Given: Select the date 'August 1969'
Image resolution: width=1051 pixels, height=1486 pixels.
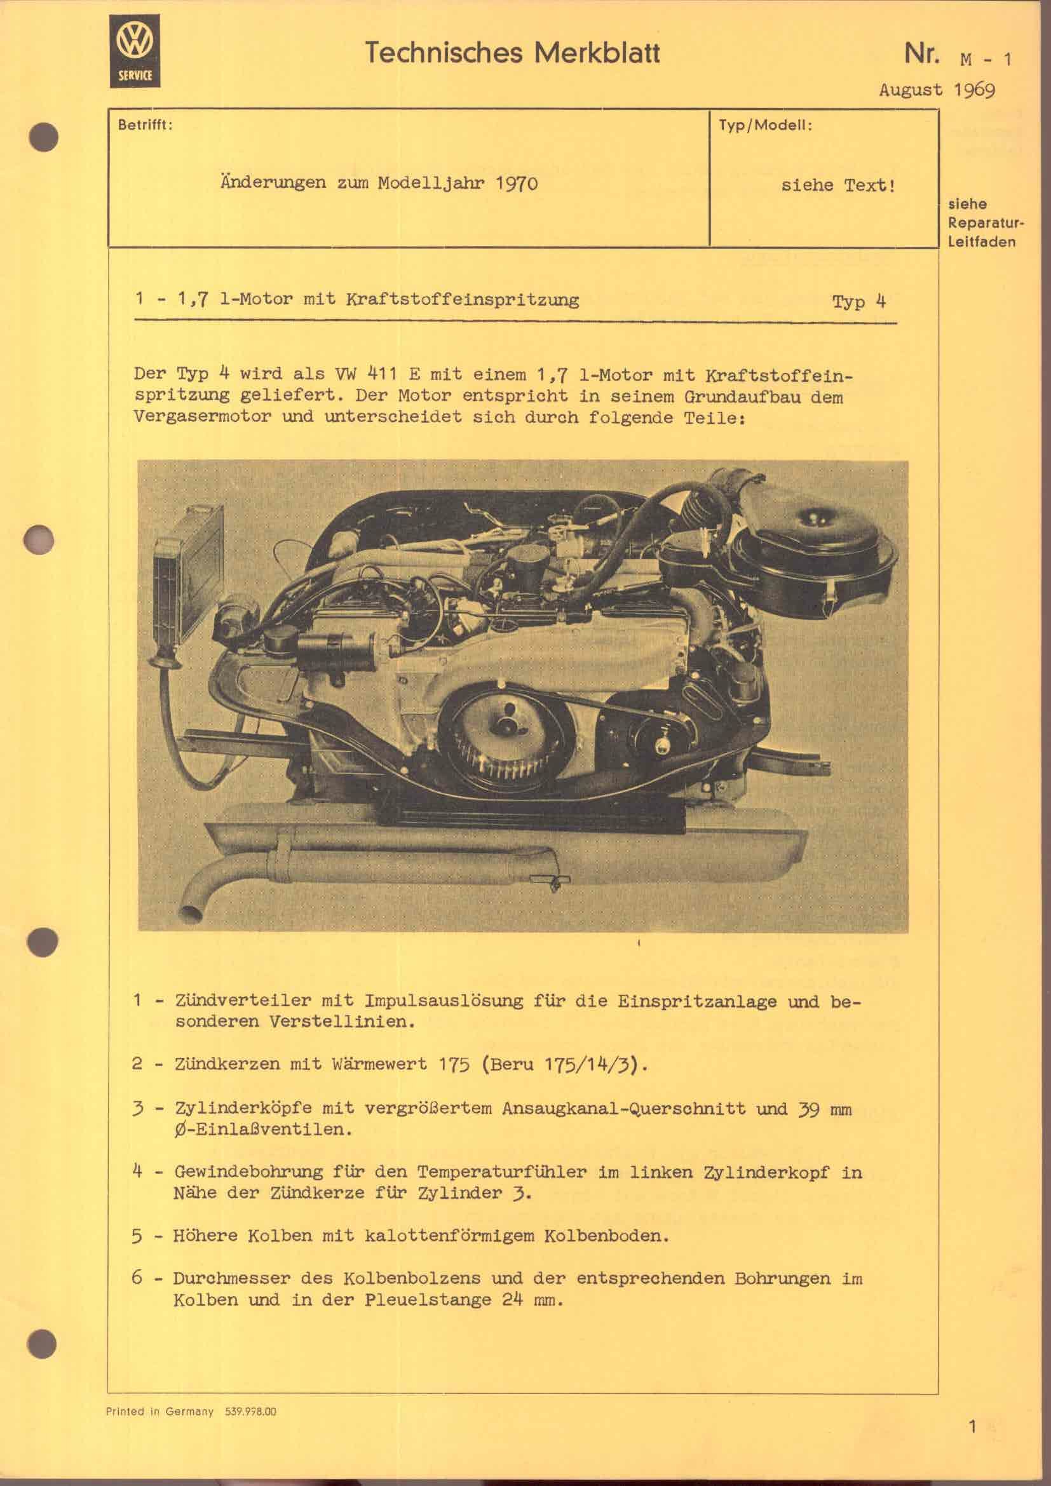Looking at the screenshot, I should [x=936, y=90].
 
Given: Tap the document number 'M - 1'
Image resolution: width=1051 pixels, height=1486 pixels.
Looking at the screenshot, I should [x=986, y=60].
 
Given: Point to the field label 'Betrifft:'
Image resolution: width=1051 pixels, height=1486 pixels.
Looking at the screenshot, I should [x=144, y=125].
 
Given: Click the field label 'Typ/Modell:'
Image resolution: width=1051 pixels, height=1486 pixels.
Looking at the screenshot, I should [x=764, y=125].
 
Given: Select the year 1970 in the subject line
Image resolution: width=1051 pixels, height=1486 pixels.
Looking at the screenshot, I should [x=517, y=184].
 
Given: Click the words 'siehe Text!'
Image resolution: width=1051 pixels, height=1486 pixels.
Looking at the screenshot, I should [x=838, y=186].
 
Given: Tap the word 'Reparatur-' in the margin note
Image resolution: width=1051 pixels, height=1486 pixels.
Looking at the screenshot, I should [x=986, y=223].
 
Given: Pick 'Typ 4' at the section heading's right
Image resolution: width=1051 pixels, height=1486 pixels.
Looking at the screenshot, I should [x=858, y=302].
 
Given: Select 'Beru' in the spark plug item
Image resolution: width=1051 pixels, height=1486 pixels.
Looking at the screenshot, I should [x=513, y=1064].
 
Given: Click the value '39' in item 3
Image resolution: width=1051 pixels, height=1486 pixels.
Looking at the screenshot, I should [x=810, y=1109].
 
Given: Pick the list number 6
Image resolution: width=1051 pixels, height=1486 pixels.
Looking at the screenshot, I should [x=137, y=1278].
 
